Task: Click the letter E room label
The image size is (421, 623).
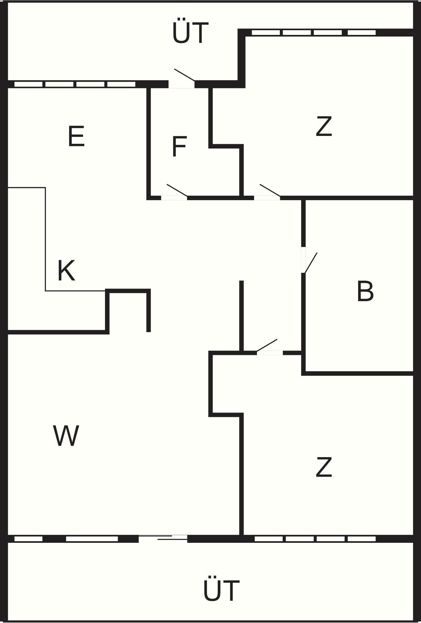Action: pyautogui.click(x=76, y=136)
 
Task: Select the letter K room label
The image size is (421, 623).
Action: pyautogui.click(x=66, y=270)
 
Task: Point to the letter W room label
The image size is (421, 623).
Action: pyautogui.click(x=66, y=435)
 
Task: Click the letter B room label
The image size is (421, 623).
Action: pyautogui.click(x=365, y=291)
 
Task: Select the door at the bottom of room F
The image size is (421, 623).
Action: pyautogui.click(x=174, y=192)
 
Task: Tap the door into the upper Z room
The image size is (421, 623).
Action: pyautogui.click(x=267, y=192)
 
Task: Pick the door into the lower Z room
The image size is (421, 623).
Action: pyautogui.click(x=267, y=347)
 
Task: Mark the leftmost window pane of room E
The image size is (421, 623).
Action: pyautogui.click(x=28, y=84)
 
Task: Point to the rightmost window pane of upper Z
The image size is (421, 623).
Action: pyautogui.click(x=362, y=32)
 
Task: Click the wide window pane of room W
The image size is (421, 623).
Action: pyautogui.click(x=92, y=539)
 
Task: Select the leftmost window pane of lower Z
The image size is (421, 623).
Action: pyautogui.click(x=269, y=539)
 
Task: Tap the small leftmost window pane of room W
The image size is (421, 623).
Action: pyautogui.click(x=28, y=539)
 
